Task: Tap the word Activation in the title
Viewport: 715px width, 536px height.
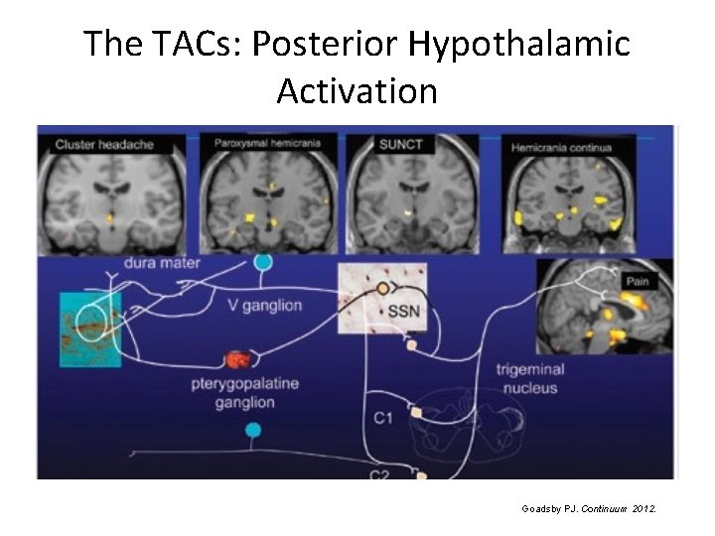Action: click(357, 91)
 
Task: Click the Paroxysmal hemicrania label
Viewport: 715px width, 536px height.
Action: click(267, 143)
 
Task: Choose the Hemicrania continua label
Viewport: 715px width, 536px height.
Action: click(561, 148)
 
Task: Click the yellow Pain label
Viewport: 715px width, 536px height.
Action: click(637, 283)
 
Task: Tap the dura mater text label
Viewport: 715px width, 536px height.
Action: click(162, 263)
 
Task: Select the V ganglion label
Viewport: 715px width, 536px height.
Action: click(260, 305)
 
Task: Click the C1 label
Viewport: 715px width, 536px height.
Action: click(383, 418)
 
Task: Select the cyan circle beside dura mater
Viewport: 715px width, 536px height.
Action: click(263, 262)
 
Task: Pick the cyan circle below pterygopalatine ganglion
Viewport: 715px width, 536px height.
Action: click(253, 430)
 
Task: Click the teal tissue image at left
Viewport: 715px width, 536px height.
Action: click(90, 329)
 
